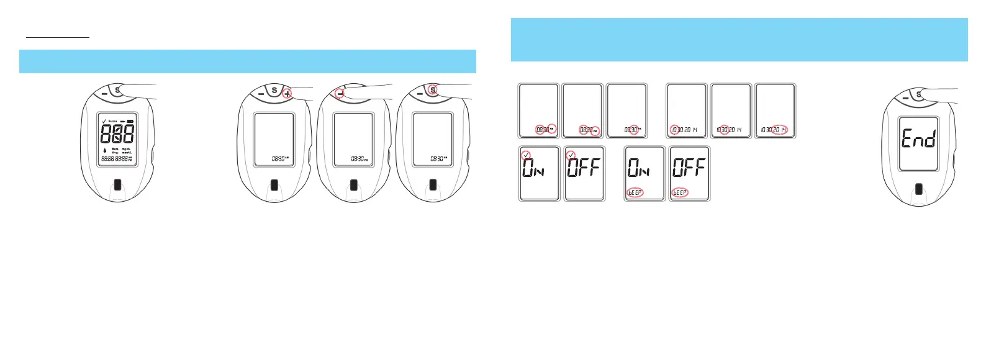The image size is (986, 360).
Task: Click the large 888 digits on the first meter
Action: [117, 133]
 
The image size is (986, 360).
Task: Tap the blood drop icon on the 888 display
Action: [105, 150]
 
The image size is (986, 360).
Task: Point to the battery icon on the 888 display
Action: [130, 121]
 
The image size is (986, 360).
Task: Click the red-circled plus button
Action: [287, 93]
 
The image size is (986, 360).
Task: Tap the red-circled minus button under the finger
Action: [340, 93]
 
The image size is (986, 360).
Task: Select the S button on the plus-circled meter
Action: [274, 91]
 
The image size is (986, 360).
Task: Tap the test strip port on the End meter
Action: [919, 189]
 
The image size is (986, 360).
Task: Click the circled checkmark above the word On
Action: [527, 155]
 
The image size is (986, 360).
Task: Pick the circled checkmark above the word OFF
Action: [571, 155]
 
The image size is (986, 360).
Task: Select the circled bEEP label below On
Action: [635, 192]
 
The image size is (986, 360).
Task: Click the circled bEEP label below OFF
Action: [680, 192]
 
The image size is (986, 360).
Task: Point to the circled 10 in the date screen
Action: [675, 130]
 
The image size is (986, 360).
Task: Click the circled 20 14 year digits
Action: [780, 130]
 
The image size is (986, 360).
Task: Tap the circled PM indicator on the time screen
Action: [595, 130]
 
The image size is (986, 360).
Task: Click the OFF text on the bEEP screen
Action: [689, 168]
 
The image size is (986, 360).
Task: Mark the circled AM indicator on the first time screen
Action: [552, 129]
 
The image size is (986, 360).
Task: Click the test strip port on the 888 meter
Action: [117, 185]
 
